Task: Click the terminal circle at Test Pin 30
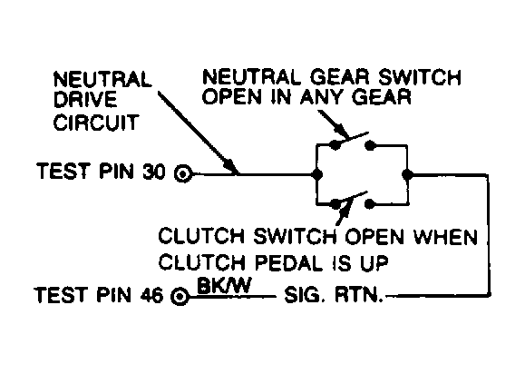[x=184, y=172]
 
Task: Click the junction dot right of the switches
[x=410, y=172]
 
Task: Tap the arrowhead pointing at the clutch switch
[x=344, y=211]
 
